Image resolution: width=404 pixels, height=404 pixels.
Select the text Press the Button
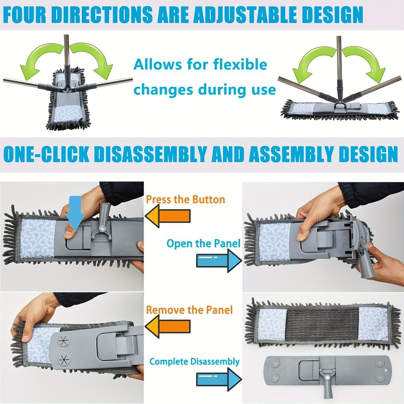(x=185, y=199)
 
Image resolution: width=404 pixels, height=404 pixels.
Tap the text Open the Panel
(x=203, y=243)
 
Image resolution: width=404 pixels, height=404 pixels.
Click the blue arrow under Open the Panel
(x=219, y=261)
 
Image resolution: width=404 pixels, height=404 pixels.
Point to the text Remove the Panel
(x=189, y=310)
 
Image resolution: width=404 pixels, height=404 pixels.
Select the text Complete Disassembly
(x=195, y=361)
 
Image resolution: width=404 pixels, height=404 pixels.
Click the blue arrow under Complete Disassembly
(x=219, y=379)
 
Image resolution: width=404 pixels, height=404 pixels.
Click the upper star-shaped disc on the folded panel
(x=64, y=341)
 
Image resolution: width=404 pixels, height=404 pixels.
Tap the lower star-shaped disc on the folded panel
(x=64, y=359)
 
